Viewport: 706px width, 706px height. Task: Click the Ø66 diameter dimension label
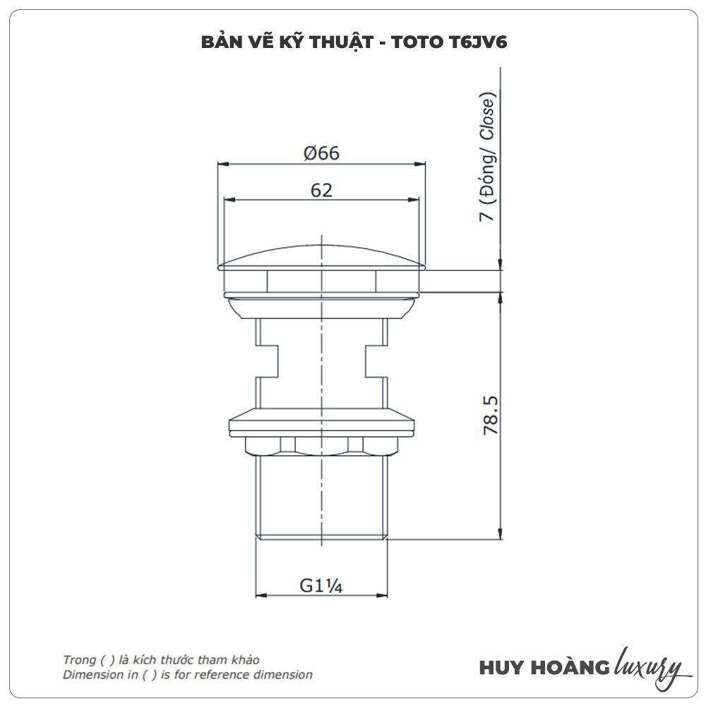321,153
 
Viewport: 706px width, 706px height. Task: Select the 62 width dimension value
321,190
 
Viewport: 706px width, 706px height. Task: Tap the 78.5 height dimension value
491,415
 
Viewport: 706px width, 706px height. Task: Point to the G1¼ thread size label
321,585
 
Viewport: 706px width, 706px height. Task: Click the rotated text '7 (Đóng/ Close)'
488,156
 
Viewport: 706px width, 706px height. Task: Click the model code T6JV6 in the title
478,42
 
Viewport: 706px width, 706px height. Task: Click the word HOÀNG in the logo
570,667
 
